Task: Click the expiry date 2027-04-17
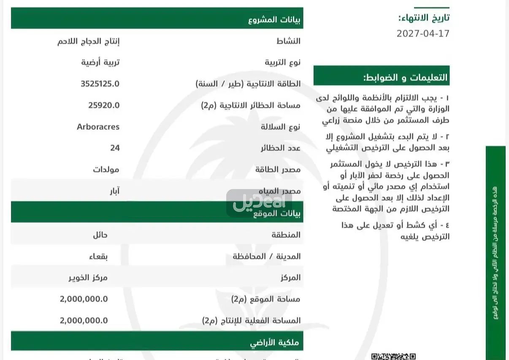pyautogui.click(x=423, y=33)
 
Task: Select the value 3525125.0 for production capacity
pyautogui.click(x=100, y=84)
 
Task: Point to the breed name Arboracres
pyautogui.click(x=98, y=127)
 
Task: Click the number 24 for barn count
pyautogui.click(x=115, y=148)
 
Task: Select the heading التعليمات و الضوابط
pyautogui.click(x=405, y=78)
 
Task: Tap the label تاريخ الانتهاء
pyautogui.click(x=424, y=18)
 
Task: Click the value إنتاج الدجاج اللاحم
pyautogui.click(x=88, y=41)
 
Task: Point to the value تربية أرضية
pyautogui.click(x=100, y=62)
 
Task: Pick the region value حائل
pyautogui.click(x=100, y=235)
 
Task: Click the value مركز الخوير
pyautogui.click(x=88, y=278)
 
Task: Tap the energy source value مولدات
pyautogui.click(x=106, y=169)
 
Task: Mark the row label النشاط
pyautogui.click(x=288, y=41)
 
